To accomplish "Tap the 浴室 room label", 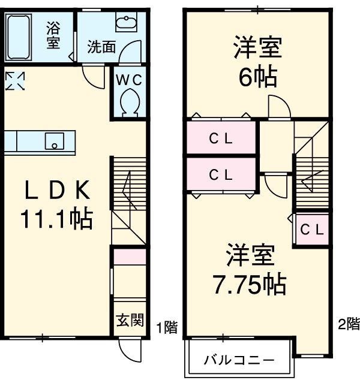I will pos(53,35).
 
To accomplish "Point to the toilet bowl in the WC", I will pos(128,102).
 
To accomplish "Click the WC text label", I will pos(128,79).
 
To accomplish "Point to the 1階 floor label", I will pos(167,328).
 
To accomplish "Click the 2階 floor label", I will pos(348,324).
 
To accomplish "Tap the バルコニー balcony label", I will pos(238,361).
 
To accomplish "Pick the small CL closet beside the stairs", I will pos(312,229).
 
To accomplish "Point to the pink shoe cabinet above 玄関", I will pos(130,257).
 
